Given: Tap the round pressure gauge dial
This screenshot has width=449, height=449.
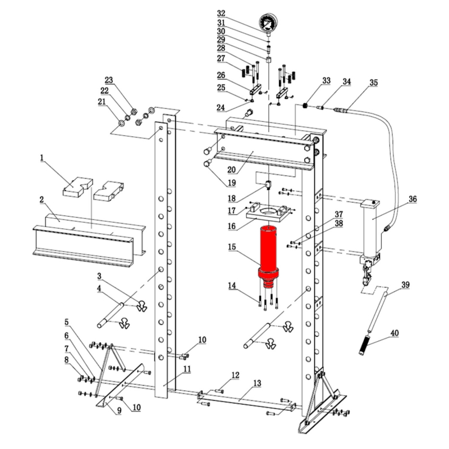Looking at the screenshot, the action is pos(269,22).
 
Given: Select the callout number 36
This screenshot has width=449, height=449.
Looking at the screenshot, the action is pos(413,199).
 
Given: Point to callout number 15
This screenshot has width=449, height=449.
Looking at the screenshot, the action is pos(232,246).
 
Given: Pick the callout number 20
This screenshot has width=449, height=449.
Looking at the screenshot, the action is pos(231,169).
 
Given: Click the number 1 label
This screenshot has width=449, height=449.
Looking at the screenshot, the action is pos(42,158).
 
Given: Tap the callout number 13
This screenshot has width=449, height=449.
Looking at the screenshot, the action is pos(257,383).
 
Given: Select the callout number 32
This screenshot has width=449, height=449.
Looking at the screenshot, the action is pos(221,13).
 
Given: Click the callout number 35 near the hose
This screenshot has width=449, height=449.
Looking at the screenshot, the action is pos(373,83).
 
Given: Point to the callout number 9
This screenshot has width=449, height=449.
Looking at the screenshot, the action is pos(119,410).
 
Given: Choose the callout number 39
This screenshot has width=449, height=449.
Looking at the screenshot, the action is pos(405,285).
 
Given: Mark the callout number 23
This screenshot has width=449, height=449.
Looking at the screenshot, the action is pos(109,80).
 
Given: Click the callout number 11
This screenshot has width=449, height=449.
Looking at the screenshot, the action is pos(187,369).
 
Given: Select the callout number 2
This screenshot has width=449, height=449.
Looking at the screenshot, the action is pos(42,199).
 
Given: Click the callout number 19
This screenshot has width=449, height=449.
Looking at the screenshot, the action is pos(231,182).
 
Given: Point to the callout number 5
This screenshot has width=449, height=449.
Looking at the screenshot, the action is pos(66,322).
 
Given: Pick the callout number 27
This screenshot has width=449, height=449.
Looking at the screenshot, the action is pos(221,58).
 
